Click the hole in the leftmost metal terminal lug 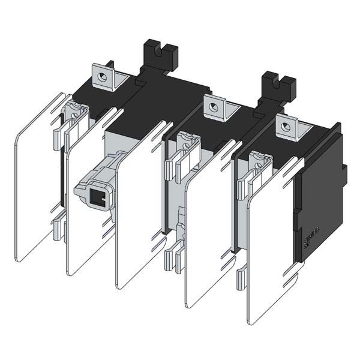click(103, 77)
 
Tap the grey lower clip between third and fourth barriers click(174, 255)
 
